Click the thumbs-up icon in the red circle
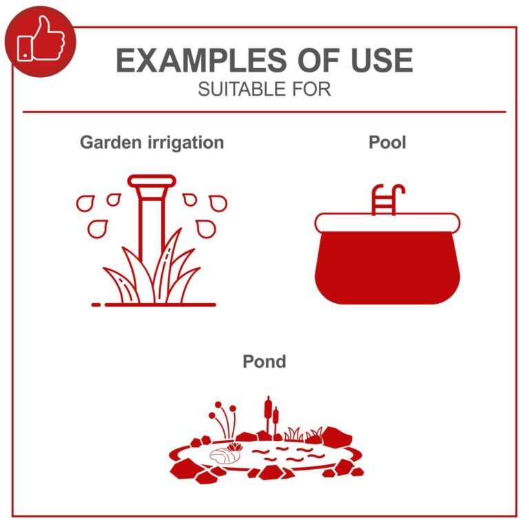[41, 39]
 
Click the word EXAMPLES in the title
[201, 61]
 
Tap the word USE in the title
[382, 61]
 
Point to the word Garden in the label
[111, 143]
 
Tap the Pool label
[387, 142]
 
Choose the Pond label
[264, 362]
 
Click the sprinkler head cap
[152, 181]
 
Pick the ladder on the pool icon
[387, 200]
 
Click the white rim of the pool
[387, 222]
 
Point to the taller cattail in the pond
[268, 417]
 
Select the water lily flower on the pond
[235, 448]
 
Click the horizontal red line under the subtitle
[264, 112]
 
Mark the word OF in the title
[318, 61]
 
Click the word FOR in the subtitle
[312, 90]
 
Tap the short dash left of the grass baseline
[96, 305]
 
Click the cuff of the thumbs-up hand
[25, 48]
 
